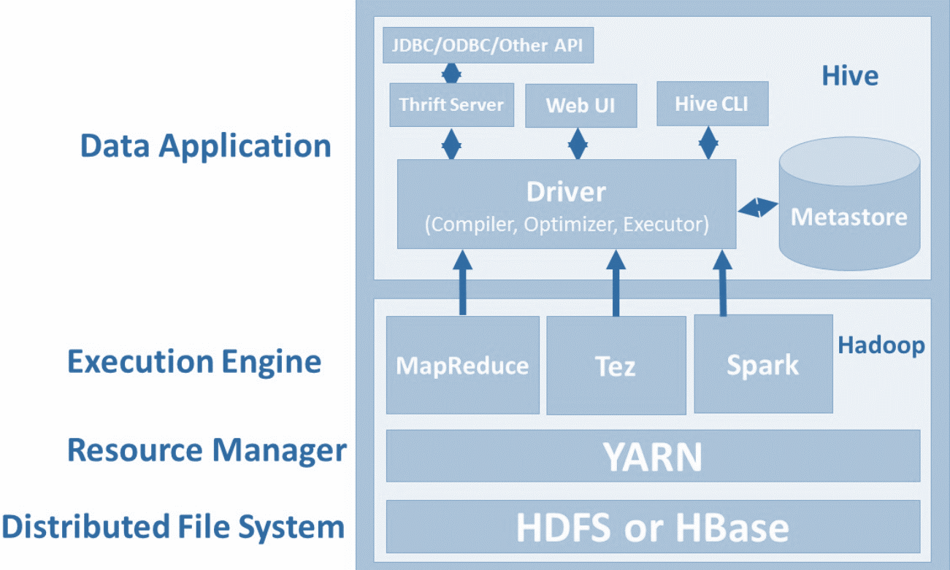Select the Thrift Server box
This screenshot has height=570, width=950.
click(x=451, y=105)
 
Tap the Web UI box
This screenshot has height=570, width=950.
click(x=581, y=106)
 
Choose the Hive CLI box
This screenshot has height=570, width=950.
click(x=712, y=104)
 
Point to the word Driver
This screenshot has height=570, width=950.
click(x=566, y=193)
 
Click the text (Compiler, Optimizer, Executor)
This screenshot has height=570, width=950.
click(x=566, y=224)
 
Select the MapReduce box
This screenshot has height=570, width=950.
click(x=462, y=365)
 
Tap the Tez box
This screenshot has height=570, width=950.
click(x=616, y=365)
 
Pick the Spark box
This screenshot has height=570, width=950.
click(x=762, y=363)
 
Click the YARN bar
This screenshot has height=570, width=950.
click(x=652, y=456)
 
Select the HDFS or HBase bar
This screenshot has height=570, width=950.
click(x=652, y=527)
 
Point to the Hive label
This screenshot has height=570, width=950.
click(x=850, y=75)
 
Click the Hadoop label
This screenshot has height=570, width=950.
click(x=881, y=344)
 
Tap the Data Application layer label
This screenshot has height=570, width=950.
click(x=205, y=146)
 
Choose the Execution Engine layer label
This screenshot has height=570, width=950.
click(x=194, y=362)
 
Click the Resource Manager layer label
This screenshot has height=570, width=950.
click(x=207, y=450)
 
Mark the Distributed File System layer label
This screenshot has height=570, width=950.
click(x=173, y=526)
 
